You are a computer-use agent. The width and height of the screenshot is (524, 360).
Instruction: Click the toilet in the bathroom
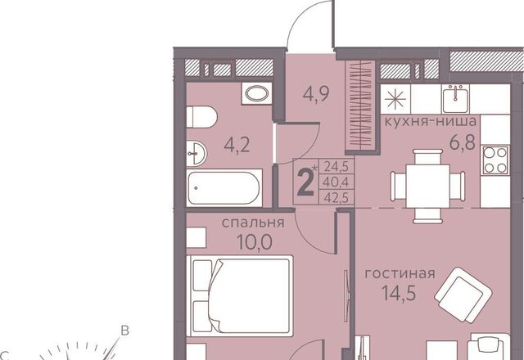coord(201,117)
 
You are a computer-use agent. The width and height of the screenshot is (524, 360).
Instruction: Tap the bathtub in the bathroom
coord(224,188)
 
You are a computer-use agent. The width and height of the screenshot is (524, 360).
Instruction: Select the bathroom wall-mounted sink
coord(196,153)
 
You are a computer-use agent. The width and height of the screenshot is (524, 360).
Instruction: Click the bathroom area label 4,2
coord(237,146)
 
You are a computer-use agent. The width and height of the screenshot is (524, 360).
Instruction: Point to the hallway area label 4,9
coord(316,94)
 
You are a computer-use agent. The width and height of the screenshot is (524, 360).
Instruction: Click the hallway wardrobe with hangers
coord(360,106)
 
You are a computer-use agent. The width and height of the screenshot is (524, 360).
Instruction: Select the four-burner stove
coord(495,160)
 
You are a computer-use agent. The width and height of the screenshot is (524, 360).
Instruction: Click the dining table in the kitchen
coord(427,186)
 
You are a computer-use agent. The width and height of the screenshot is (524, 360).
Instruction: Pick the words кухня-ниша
coord(431,121)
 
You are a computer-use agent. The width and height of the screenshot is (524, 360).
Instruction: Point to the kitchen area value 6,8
coord(462,143)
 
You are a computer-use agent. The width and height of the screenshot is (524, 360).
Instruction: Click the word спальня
coord(253,223)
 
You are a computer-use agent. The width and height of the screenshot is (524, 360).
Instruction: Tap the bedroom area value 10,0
coord(255,242)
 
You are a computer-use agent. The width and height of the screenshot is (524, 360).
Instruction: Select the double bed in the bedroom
coord(240,295)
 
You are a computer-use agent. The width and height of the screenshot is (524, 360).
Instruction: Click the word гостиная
coord(400,274)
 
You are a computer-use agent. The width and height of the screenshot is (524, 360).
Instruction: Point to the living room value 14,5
coord(399,293)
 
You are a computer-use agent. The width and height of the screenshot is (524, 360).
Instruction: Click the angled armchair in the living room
coord(463,295)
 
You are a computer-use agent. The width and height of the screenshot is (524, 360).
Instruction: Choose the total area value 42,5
coord(337,198)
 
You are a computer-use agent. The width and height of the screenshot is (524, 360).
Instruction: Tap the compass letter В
coord(124,331)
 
